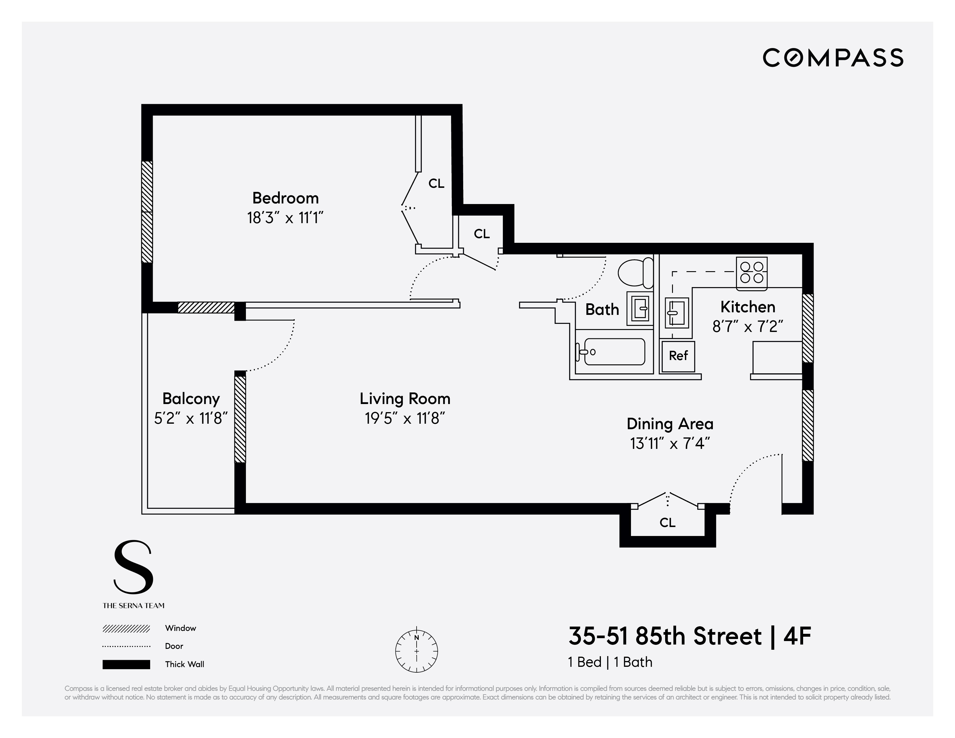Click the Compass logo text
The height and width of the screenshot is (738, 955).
tap(833, 58)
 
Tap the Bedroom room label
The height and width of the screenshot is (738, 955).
tap(286, 198)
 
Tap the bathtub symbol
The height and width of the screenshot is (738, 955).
tap(612, 352)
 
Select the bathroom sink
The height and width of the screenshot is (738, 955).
tap(640, 309)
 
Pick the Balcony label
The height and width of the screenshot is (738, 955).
tap(191, 399)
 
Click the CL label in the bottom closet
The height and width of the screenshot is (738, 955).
tap(667, 522)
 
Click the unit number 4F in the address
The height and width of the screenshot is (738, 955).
tap(797, 636)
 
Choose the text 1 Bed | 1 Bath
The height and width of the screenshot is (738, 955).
tap(610, 662)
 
